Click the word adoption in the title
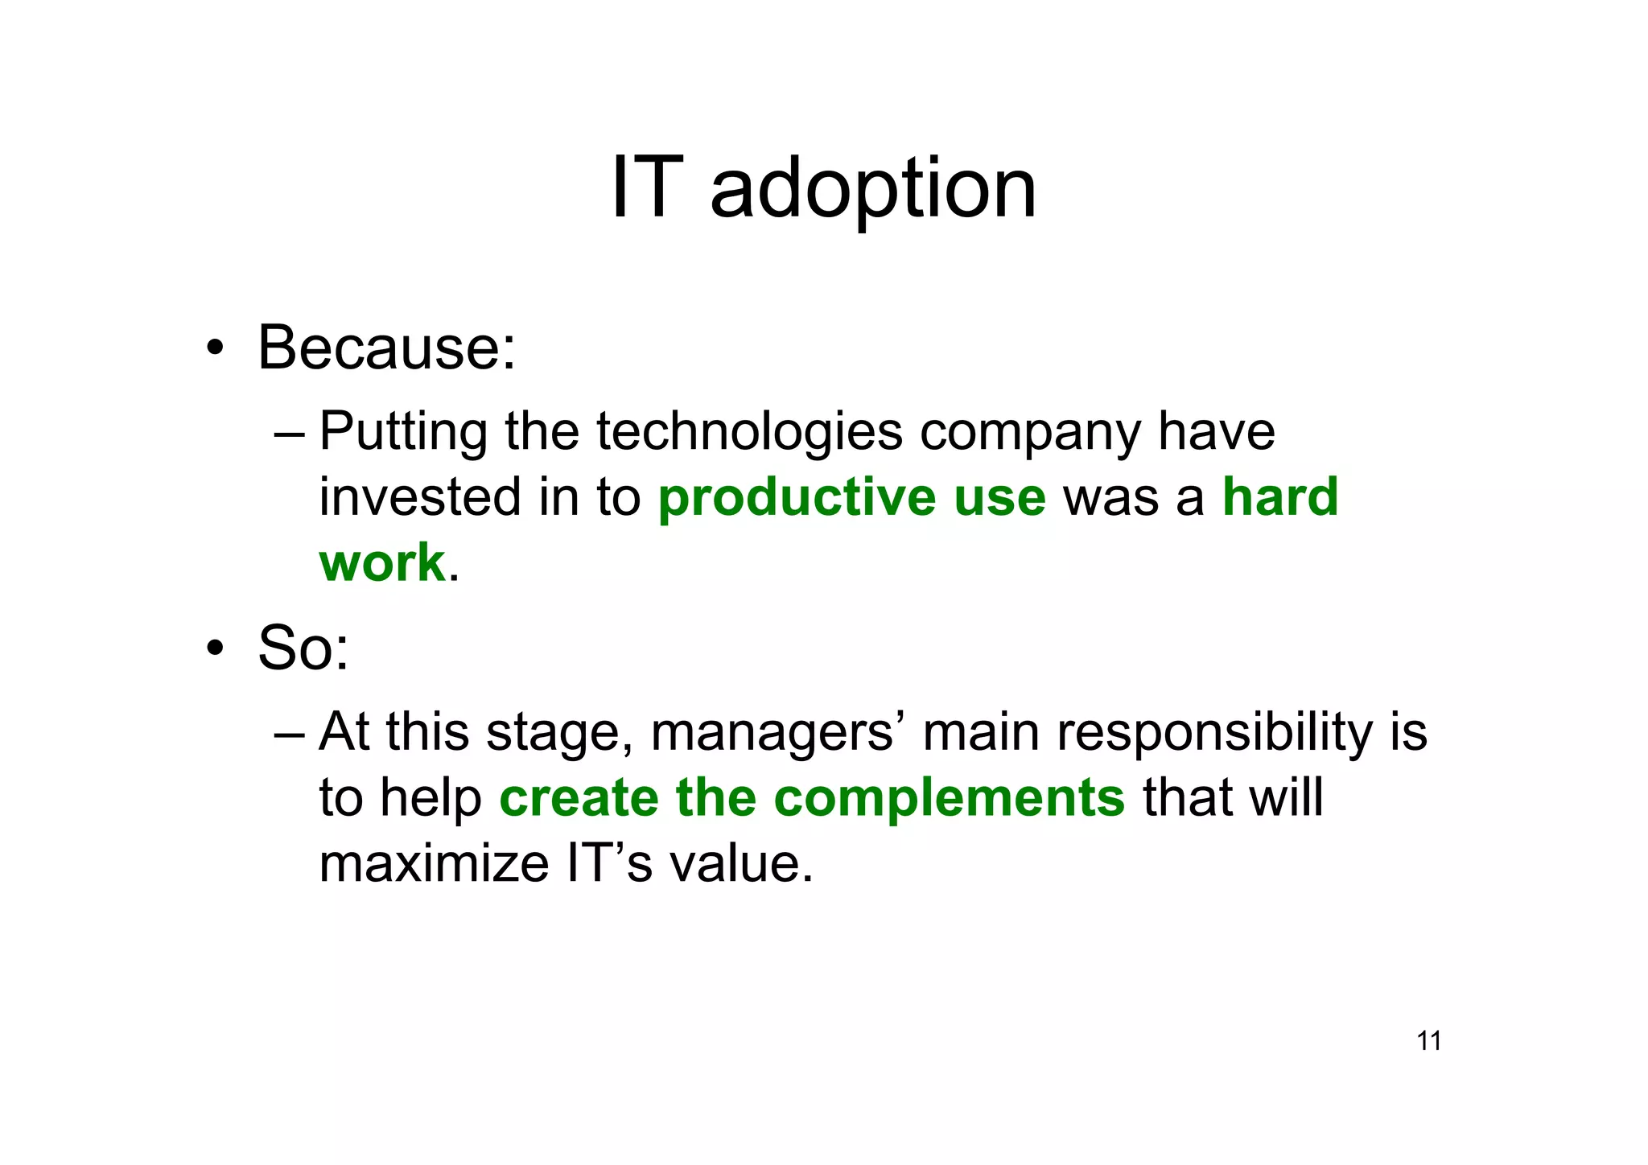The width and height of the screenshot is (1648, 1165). click(873, 190)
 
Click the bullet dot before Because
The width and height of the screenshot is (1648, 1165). click(214, 348)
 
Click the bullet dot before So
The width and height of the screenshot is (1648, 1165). click(214, 648)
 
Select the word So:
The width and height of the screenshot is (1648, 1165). click(303, 648)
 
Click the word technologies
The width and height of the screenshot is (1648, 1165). click(749, 431)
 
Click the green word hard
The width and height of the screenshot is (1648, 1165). click(1280, 496)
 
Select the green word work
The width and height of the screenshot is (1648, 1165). click(381, 562)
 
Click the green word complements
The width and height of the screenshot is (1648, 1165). click(949, 798)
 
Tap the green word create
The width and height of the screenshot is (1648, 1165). click(579, 798)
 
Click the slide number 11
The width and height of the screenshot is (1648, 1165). click(1428, 1041)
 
